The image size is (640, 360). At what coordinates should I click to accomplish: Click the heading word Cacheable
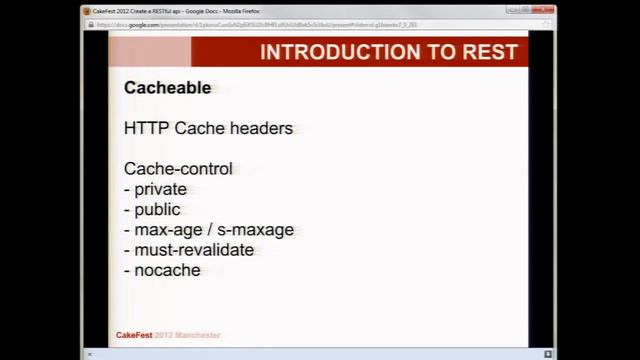pos(167,88)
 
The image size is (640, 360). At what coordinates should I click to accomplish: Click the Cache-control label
pos(178,169)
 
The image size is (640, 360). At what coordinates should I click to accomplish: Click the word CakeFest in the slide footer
pos(134,335)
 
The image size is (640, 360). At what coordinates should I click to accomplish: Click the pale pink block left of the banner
pos(149,52)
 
